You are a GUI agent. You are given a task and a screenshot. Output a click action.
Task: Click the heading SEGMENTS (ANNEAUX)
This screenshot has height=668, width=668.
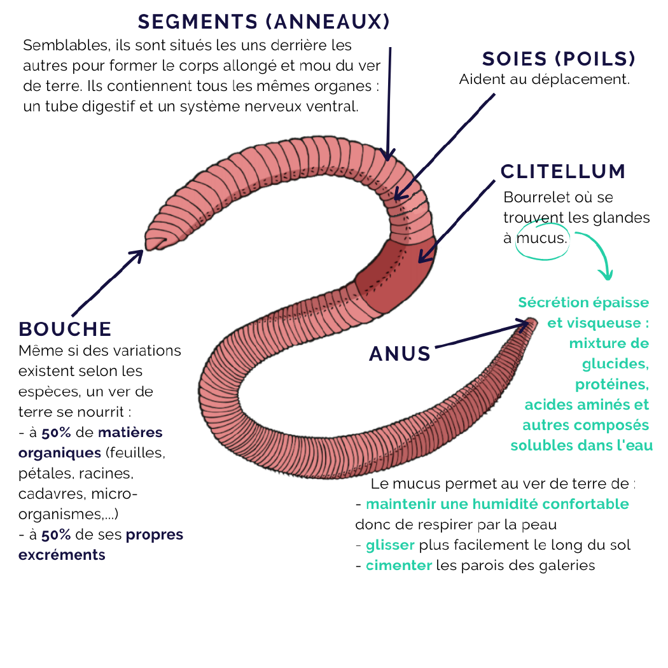click(x=263, y=22)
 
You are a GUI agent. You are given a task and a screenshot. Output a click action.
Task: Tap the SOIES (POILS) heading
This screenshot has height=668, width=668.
click(x=559, y=59)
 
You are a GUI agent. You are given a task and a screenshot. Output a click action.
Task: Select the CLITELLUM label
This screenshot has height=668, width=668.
click(x=563, y=171)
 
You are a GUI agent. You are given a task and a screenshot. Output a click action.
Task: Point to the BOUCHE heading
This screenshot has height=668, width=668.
click(x=65, y=329)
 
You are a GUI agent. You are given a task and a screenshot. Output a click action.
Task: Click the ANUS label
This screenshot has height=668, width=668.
click(x=400, y=354)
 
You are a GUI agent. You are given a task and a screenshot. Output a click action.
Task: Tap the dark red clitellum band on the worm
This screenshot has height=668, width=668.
click(x=394, y=274)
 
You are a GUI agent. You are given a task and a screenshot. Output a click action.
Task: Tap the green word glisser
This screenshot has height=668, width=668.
click(x=390, y=545)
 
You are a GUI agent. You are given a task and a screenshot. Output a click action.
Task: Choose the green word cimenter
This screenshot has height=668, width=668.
click(x=398, y=565)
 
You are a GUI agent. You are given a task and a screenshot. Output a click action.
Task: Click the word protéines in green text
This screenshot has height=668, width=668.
click(x=612, y=384)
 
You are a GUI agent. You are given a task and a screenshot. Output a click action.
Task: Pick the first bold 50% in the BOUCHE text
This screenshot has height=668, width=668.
click(x=57, y=433)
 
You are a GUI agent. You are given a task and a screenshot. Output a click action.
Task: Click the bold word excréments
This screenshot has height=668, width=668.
click(x=62, y=555)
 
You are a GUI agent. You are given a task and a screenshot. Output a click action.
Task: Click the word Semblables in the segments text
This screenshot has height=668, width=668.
click(x=60, y=46)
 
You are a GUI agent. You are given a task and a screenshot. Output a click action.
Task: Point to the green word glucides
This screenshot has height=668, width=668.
click(x=615, y=364)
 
